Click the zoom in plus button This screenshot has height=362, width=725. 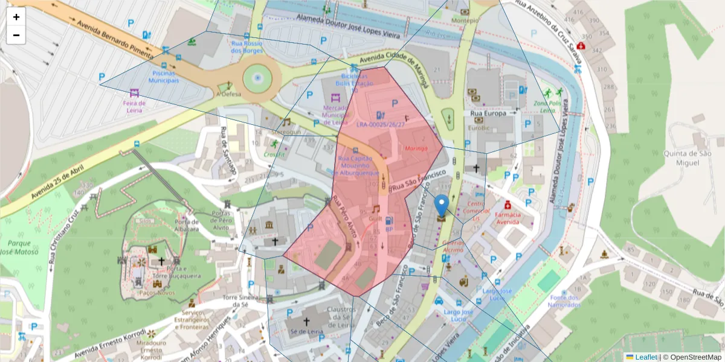pyautogui.click(x=16, y=17)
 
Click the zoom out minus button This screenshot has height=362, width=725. pyautogui.click(x=16, y=35)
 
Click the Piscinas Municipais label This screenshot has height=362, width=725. pyautogui.click(x=164, y=77)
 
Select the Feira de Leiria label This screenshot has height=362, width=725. pyautogui.click(x=134, y=106)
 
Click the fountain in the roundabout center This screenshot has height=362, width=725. pyautogui.click(x=258, y=78)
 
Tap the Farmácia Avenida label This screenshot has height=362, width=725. pyautogui.click(x=507, y=218)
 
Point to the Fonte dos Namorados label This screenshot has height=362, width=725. pyautogui.click(x=565, y=301)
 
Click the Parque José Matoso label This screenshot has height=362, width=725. pyautogui.click(x=18, y=248)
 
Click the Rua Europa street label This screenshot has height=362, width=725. pyautogui.click(x=488, y=113)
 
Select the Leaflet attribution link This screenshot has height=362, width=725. pyautogui.click(x=645, y=357)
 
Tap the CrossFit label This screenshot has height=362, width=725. pyautogui.click(x=274, y=154)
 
